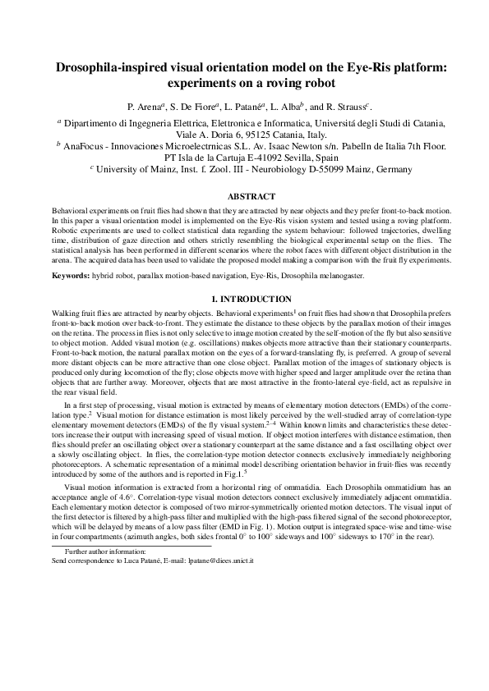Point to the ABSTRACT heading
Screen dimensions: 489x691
tap(244, 197)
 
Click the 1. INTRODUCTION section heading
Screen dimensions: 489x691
tap(244, 299)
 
